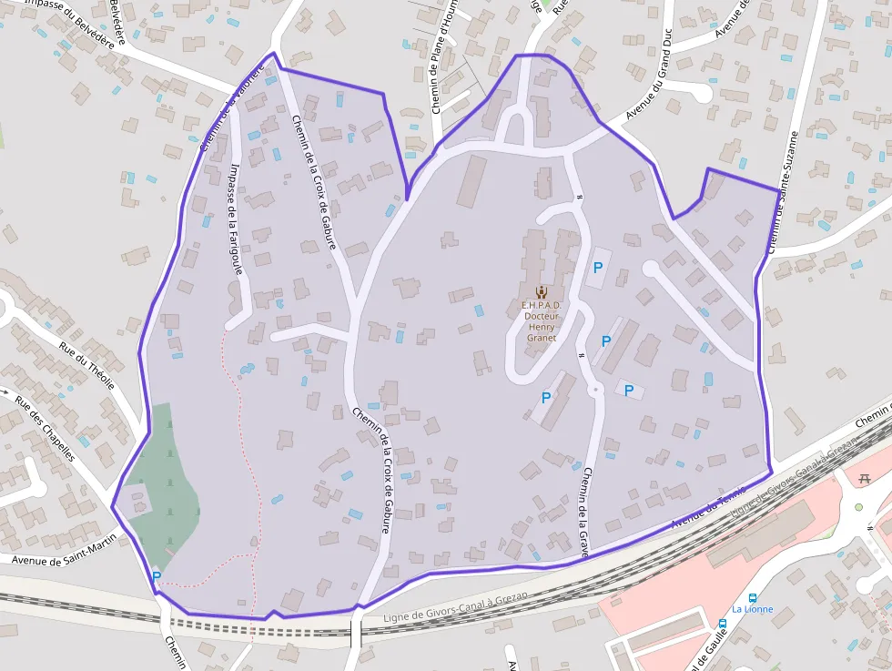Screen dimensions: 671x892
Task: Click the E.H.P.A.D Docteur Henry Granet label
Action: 542,321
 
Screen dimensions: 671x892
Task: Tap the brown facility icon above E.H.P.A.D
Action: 542,291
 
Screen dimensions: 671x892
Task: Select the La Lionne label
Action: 753,609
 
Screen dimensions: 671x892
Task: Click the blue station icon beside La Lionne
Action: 722,625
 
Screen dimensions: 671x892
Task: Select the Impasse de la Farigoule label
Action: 236,219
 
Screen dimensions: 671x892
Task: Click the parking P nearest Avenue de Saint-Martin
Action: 157,576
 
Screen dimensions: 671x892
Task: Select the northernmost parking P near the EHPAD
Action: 598,268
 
